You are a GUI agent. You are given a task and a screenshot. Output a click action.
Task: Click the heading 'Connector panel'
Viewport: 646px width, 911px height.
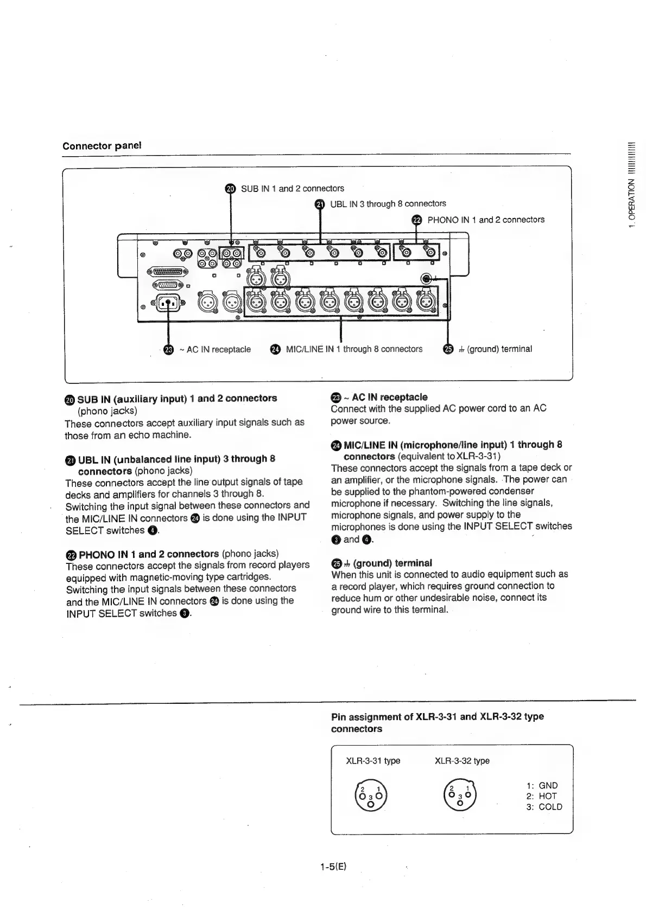click(x=102, y=145)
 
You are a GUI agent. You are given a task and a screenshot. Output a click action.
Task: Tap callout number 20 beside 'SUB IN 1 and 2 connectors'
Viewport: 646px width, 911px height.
click(x=230, y=188)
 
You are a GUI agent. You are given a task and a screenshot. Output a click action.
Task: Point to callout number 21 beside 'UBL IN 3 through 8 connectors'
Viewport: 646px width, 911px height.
click(x=320, y=204)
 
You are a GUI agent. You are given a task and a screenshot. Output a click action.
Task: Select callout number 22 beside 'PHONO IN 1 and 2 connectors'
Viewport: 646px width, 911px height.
click(x=416, y=220)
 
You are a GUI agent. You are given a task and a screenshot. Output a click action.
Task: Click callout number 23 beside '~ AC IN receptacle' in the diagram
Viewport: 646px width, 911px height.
click(x=168, y=349)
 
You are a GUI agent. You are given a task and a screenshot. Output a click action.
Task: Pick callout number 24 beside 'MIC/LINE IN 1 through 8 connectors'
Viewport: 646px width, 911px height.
click(x=275, y=349)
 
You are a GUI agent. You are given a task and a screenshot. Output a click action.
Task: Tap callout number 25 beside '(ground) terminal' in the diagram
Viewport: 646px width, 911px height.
click(x=448, y=349)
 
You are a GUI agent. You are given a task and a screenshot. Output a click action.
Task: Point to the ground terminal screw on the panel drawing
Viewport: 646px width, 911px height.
click(x=428, y=279)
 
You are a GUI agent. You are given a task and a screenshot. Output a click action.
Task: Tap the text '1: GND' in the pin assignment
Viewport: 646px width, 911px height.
click(x=542, y=785)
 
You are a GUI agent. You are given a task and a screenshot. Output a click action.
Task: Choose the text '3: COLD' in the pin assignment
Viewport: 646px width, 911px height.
click(x=544, y=806)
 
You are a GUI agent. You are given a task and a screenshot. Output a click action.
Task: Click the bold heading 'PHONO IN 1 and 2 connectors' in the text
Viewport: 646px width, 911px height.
click(x=149, y=554)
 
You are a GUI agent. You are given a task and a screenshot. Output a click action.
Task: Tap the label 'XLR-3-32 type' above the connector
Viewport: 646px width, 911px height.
click(x=462, y=760)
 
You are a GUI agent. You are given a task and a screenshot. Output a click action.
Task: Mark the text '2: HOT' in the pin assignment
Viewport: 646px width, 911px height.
click(x=542, y=796)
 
